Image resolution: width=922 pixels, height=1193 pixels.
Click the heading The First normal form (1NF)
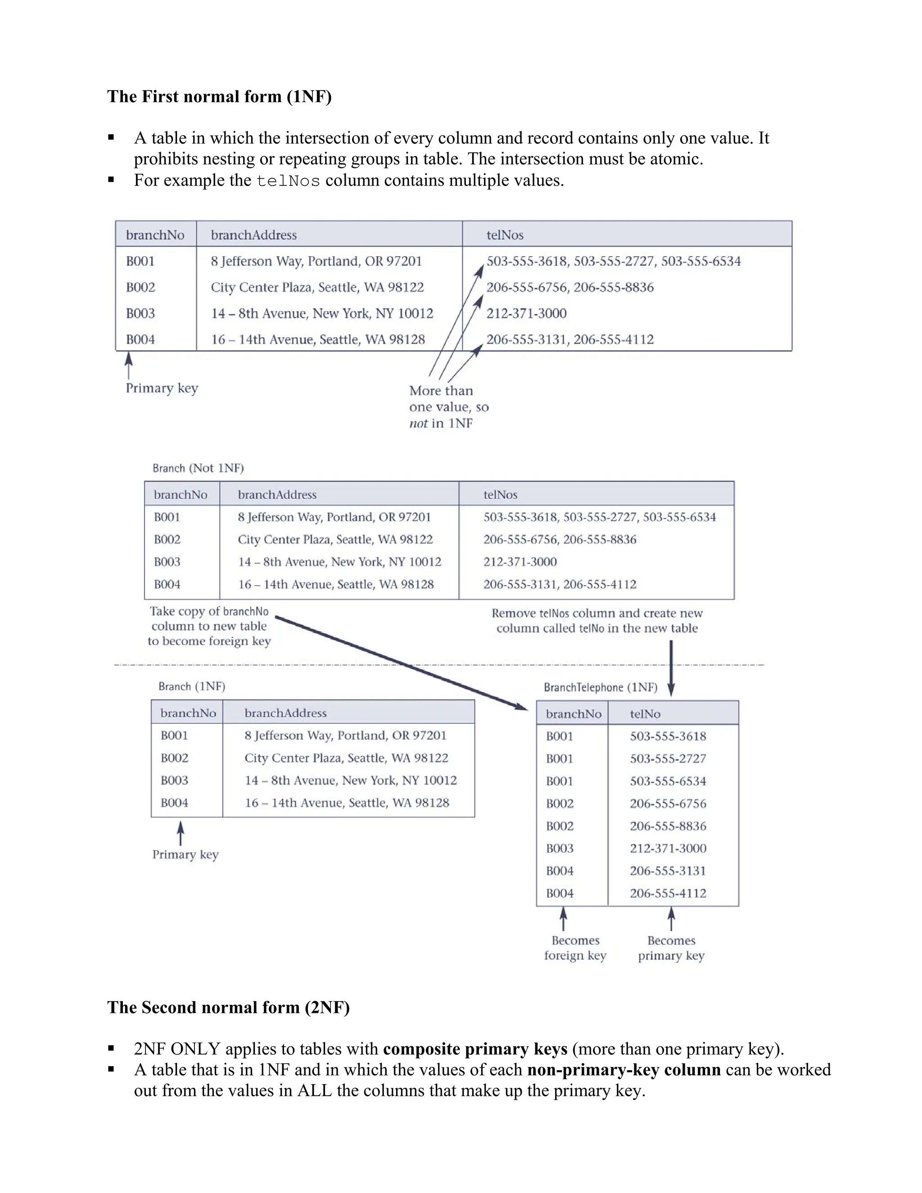[219, 97]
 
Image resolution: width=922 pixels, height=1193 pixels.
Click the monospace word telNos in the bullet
[288, 181]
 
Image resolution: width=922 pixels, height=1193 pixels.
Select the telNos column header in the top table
[505, 235]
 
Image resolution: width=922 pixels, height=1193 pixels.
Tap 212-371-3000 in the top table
[526, 313]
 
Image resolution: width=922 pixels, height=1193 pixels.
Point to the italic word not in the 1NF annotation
[418, 423]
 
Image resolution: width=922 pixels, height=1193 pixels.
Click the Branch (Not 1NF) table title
[198, 468]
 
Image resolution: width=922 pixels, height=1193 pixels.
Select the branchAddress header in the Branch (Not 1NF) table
[277, 495]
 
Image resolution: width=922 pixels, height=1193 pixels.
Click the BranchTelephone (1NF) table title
[600, 687]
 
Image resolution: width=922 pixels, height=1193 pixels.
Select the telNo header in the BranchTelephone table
[645, 714]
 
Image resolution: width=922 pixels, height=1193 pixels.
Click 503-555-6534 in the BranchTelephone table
[668, 781]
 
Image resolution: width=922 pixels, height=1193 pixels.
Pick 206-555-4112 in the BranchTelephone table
[668, 893]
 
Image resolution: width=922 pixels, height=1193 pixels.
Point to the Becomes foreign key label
[575, 948]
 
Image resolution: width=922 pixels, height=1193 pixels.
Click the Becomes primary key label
[671, 948]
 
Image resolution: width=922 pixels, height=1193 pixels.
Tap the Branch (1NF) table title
[192, 687]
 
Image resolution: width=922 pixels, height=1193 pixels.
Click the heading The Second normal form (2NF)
[228, 1007]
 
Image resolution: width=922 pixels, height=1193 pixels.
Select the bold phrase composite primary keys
[475, 1049]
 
